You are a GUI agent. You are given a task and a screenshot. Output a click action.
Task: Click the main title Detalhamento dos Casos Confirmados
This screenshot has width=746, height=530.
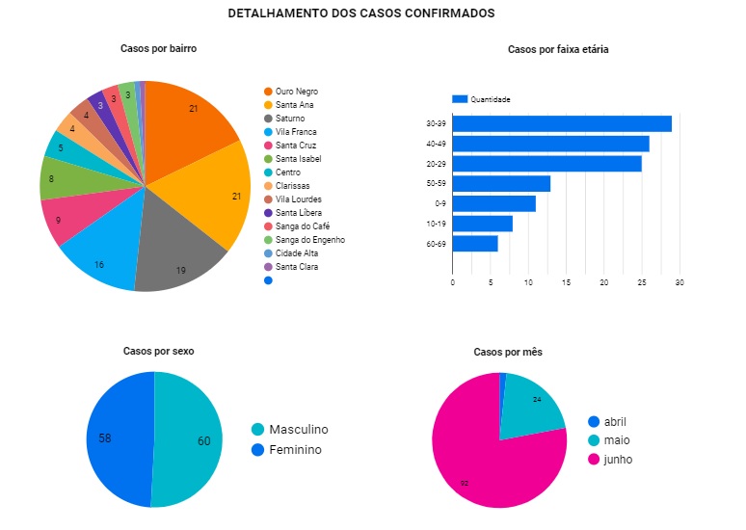tap(361, 14)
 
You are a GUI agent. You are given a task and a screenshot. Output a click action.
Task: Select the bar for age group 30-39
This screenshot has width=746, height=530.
tap(561, 123)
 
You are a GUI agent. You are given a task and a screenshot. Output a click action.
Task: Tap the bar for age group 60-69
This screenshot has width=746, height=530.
tap(475, 244)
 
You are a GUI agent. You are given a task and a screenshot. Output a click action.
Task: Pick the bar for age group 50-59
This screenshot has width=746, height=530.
tap(501, 183)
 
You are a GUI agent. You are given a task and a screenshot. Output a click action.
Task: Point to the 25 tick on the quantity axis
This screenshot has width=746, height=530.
tap(642, 282)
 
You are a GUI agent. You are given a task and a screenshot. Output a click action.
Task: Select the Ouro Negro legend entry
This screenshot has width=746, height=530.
tap(296, 92)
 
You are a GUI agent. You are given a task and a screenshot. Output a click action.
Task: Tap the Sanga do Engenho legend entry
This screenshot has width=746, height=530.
tap(309, 240)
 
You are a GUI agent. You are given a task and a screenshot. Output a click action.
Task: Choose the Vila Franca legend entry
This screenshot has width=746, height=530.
tap(296, 132)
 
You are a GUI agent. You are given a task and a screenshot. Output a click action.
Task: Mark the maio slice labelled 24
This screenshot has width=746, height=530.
tap(532, 403)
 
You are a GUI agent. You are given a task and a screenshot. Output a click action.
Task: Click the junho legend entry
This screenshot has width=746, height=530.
tap(617, 460)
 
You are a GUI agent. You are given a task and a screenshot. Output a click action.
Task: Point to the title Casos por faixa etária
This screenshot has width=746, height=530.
tap(558, 48)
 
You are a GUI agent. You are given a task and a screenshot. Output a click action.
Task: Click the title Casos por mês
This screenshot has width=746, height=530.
tap(507, 353)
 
